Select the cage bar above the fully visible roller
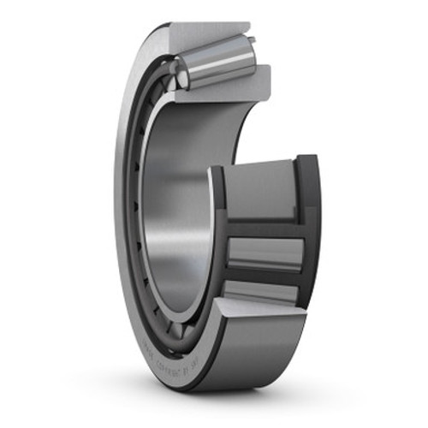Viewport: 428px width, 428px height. [x=265, y=228]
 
